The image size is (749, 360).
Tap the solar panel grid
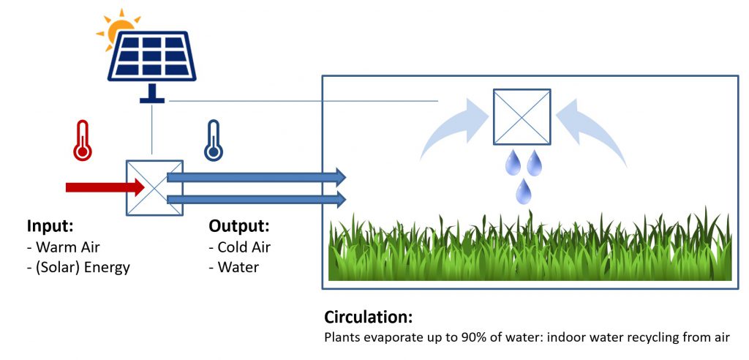point(151,56)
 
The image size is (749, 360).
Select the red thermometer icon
point(83,140)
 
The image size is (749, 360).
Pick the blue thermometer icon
point(213,140)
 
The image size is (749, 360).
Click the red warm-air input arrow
point(105,187)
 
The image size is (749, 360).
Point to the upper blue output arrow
point(256,177)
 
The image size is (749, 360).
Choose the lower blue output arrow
point(256,199)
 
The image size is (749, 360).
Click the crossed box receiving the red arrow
point(154,187)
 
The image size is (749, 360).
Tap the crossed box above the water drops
point(522,116)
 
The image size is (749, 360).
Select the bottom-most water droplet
point(524,191)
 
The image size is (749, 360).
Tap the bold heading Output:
point(239,225)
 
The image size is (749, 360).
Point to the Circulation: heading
point(369,317)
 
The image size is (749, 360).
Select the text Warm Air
point(68,247)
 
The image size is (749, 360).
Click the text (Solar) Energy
point(83,267)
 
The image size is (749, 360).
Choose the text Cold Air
point(244,247)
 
